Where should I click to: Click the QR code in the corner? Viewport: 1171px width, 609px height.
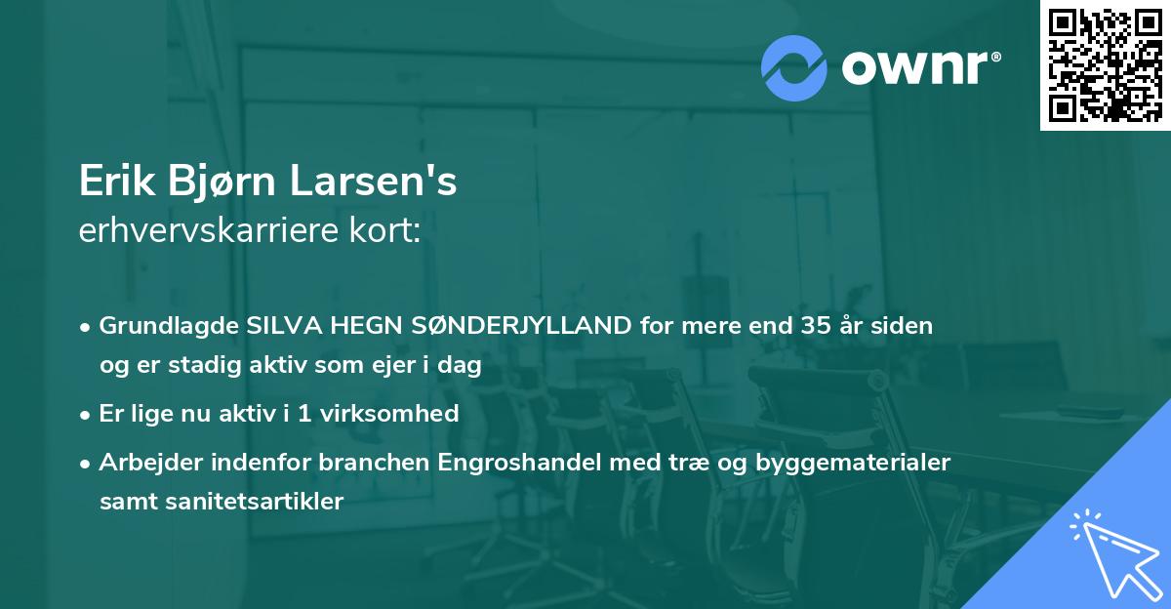[1105, 65]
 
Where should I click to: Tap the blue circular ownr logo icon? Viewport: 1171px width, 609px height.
[794, 66]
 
